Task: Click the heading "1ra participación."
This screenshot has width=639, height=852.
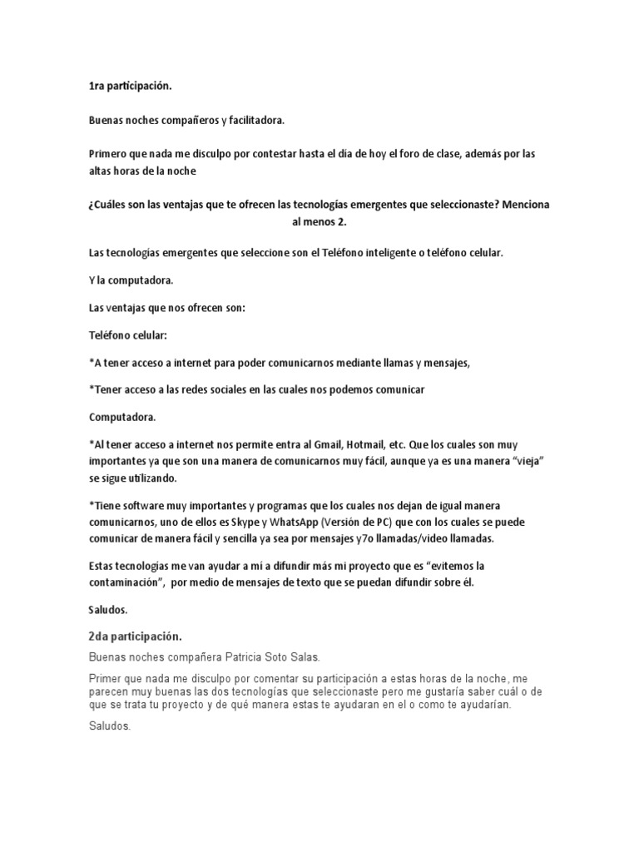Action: pyautogui.click(x=131, y=86)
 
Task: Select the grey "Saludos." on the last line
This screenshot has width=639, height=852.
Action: pyautogui.click(x=111, y=726)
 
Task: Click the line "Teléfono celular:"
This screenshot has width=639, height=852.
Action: pyautogui.click(x=128, y=334)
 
